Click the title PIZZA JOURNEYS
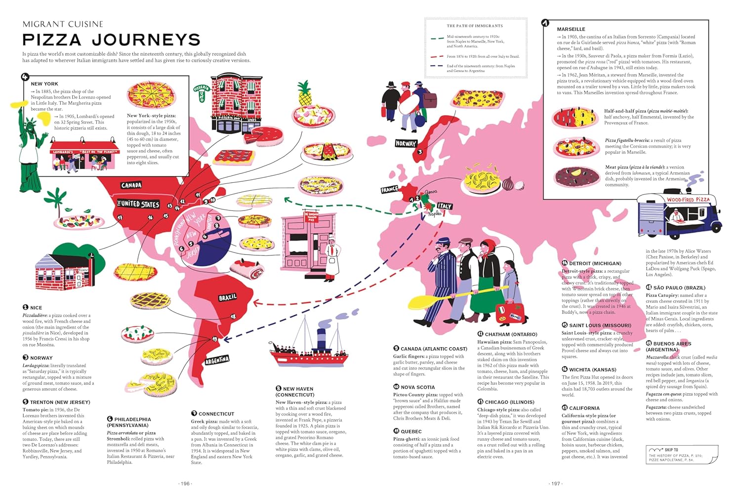pos(111,40)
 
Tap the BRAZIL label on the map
pos(228,297)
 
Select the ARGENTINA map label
pos(216,360)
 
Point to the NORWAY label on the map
pos(406,143)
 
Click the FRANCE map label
pos(389,190)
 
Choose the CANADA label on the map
pos(131,185)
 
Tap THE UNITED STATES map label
pos(138,204)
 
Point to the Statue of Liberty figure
pos(31,143)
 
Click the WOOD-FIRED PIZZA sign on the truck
pos(688,200)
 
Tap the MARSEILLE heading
pos(571,29)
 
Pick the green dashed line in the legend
pos(437,39)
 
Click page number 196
pos(185,484)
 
